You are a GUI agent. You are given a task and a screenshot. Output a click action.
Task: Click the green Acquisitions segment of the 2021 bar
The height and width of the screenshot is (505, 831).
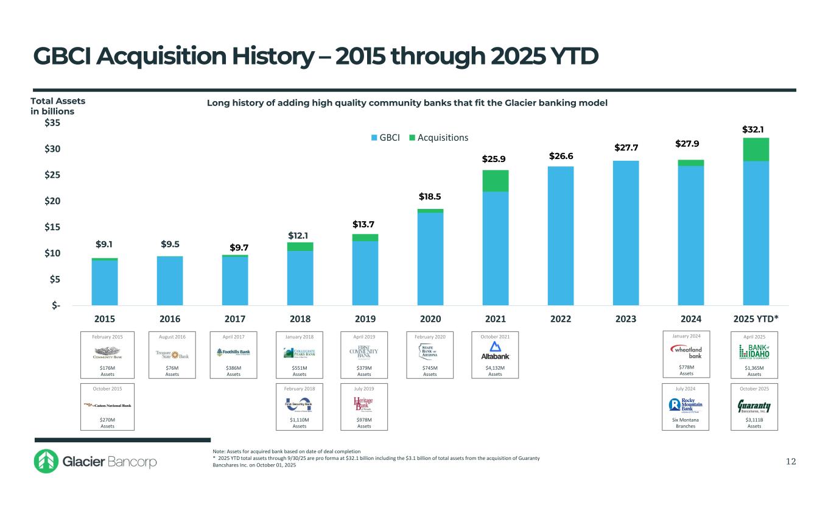point(496,181)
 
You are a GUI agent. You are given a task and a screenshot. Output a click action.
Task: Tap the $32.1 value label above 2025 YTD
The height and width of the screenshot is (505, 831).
point(753,129)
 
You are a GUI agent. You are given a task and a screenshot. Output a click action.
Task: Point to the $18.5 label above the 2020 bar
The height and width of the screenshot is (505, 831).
point(430,197)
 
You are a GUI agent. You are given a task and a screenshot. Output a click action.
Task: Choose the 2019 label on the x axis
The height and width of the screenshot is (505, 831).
point(365,319)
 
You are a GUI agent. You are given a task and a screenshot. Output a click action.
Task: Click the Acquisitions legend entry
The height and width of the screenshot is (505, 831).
point(438,138)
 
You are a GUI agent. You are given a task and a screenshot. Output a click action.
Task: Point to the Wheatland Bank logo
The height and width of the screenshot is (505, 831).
point(686,351)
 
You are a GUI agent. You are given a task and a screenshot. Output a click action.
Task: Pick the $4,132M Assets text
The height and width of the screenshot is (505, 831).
point(495,371)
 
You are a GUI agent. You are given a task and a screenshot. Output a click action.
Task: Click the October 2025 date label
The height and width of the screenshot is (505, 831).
point(754,388)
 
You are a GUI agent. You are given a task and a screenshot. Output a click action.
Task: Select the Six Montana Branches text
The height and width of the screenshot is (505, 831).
point(686,423)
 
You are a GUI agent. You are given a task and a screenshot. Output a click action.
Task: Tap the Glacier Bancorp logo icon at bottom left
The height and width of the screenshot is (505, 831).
point(46,462)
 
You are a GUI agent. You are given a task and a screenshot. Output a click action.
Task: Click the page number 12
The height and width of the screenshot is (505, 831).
point(790,462)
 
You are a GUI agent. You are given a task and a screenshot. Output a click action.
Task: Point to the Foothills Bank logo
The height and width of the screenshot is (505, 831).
point(234,352)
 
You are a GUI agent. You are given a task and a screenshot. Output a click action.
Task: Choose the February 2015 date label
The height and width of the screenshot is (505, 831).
point(107,336)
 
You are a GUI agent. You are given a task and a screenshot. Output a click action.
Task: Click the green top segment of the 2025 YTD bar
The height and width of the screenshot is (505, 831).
point(753,149)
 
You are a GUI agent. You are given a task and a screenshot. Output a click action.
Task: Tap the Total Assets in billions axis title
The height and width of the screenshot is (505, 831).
point(58,106)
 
